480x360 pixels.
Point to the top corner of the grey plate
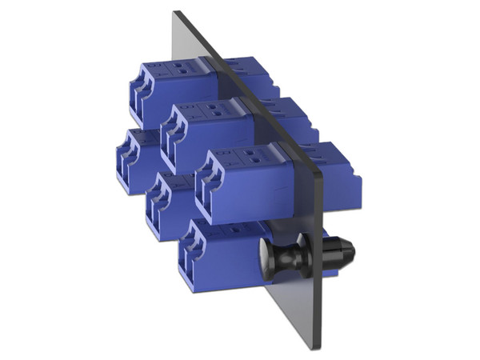pyautogui.click(x=176, y=13)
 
